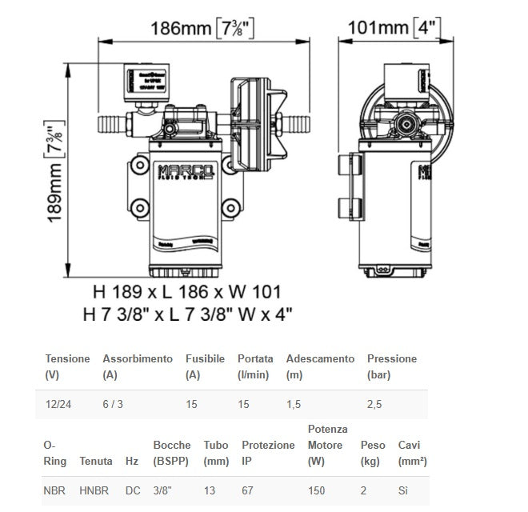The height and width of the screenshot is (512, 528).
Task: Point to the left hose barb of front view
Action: point(110,124)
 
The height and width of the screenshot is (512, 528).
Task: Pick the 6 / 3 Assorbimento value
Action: point(113,404)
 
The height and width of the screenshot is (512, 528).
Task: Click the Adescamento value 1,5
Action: point(294,404)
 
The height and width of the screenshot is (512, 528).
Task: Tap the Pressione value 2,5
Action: point(374,404)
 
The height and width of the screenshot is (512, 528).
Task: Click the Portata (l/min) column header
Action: point(255,366)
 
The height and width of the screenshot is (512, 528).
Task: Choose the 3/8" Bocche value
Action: point(162,489)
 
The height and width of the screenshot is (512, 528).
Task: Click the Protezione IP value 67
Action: point(248,489)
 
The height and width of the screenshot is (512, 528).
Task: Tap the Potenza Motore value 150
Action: point(317,489)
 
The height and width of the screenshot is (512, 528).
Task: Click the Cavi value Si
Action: point(403,489)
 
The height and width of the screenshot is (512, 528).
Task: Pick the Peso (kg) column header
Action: point(373,453)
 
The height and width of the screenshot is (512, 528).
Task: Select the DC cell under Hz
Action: point(131,489)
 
